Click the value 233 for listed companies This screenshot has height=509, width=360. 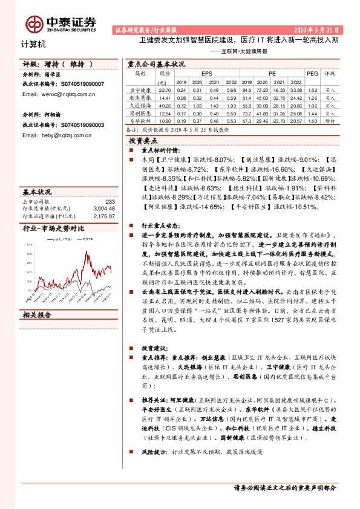click(110, 202)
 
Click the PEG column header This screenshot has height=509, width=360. click(312, 73)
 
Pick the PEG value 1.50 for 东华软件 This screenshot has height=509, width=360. click(312, 121)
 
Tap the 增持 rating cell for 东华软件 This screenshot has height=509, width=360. click(330, 121)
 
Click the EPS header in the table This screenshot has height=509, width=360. click(206, 73)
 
